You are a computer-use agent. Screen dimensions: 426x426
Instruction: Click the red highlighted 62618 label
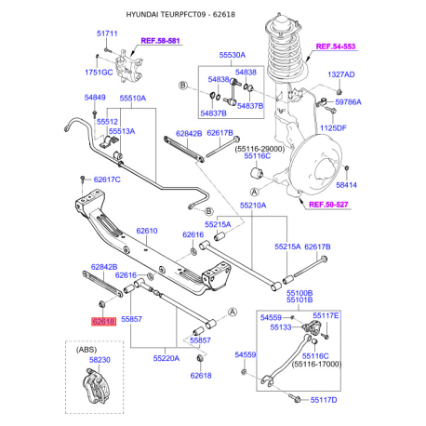103,320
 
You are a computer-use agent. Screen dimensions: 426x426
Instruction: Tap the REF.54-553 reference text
337,46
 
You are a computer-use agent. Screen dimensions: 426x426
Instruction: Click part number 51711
108,33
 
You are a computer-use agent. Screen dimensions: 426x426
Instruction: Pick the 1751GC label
99,71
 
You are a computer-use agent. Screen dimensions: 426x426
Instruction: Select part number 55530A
233,56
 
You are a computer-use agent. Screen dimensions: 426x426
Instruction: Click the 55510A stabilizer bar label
133,98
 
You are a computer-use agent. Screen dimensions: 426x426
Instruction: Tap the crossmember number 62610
148,231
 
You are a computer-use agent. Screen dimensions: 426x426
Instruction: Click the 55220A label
170,357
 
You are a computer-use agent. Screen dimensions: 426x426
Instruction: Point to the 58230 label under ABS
100,359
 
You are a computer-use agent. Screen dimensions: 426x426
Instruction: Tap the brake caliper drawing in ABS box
98,388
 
